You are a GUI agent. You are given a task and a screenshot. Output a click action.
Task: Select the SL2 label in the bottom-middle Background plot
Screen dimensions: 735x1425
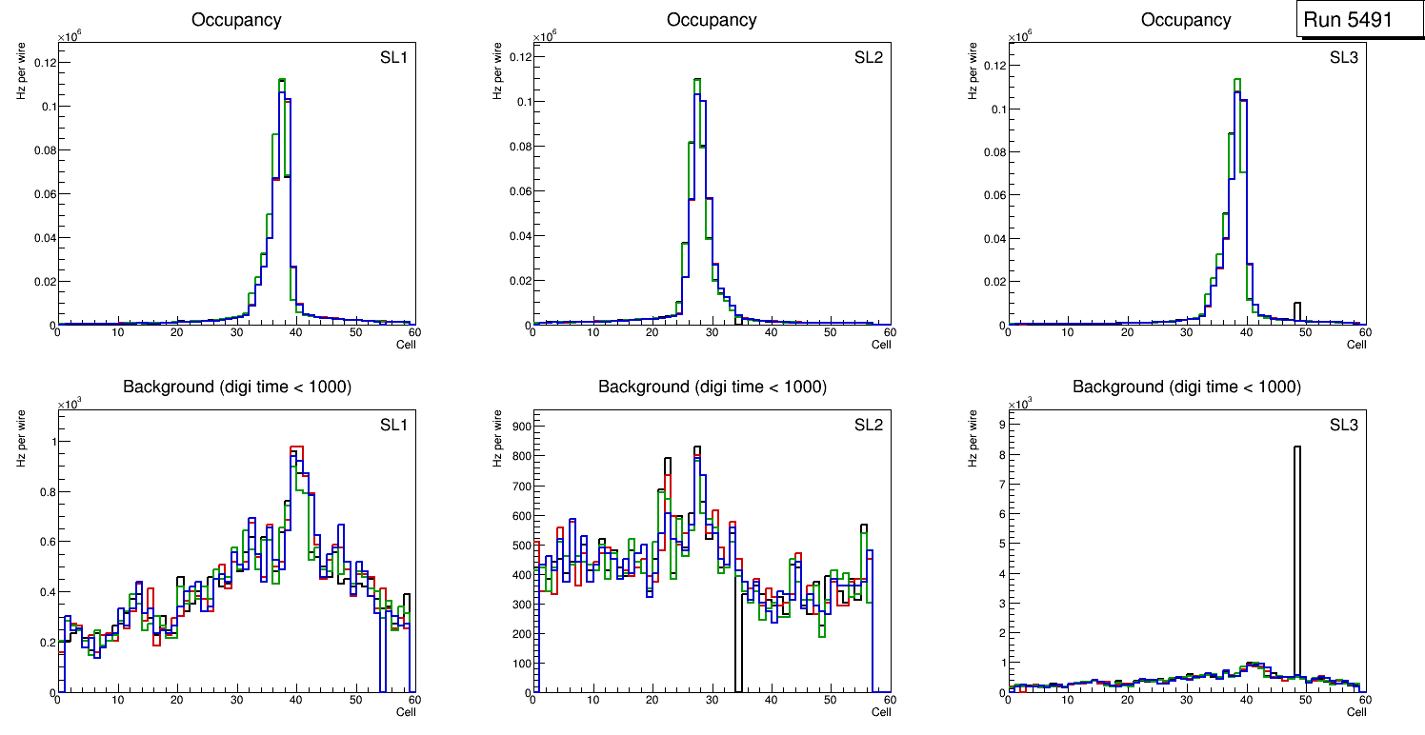(869, 425)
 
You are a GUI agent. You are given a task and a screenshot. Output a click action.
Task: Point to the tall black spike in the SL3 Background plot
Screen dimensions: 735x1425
(1296, 447)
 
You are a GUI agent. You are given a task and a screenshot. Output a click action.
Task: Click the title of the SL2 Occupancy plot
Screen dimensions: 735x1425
(712, 19)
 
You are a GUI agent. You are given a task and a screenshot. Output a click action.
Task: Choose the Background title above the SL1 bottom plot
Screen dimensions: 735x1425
(237, 387)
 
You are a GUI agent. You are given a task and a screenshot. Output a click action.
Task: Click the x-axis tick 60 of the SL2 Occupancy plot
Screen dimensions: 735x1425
(888, 332)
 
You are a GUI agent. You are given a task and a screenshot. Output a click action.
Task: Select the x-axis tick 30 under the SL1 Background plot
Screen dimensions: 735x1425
(235, 700)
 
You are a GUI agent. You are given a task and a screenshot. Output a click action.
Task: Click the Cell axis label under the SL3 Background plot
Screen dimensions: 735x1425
(1356, 712)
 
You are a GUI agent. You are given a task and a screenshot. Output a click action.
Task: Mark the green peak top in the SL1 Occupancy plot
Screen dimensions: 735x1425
(282, 80)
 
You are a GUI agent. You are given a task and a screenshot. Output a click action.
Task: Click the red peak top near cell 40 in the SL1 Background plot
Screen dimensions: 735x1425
(296, 447)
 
